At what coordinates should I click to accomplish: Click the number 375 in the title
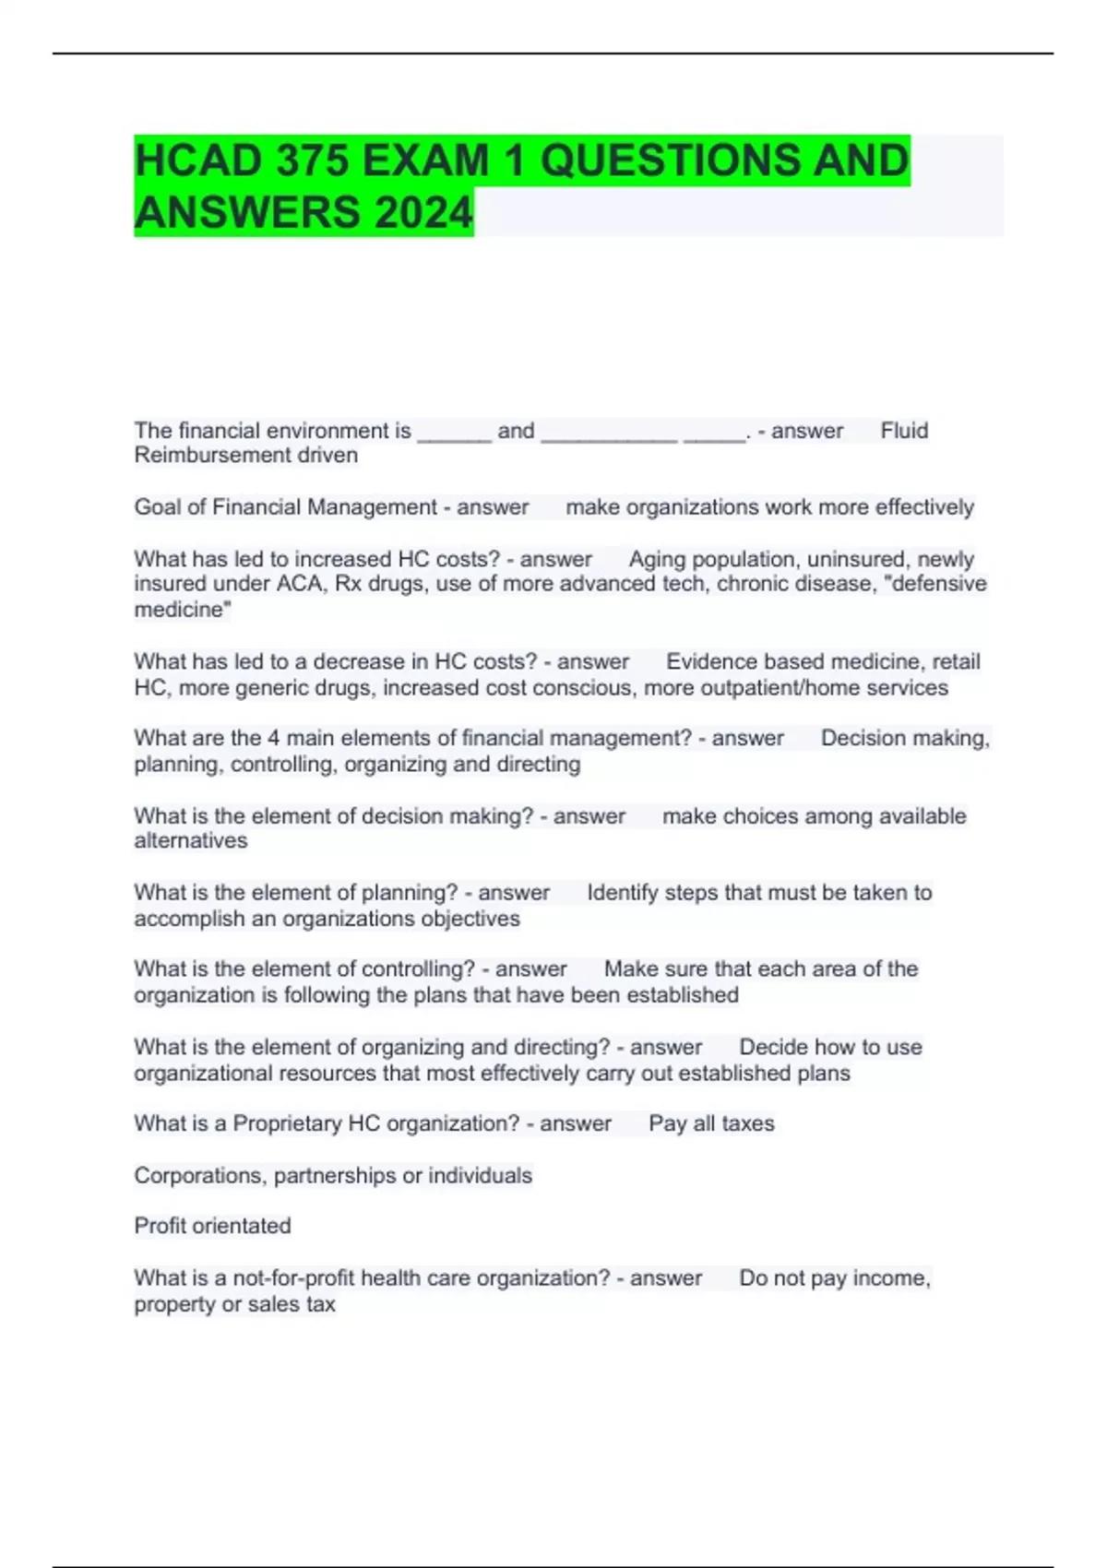coord(311,160)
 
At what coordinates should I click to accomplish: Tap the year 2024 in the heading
coord(423,213)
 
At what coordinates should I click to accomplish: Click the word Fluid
coord(904,431)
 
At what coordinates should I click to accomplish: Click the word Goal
coord(156,507)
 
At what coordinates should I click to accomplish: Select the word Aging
coord(659,559)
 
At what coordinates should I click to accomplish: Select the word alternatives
coord(191,840)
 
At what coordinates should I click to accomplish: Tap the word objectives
coord(470,919)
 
